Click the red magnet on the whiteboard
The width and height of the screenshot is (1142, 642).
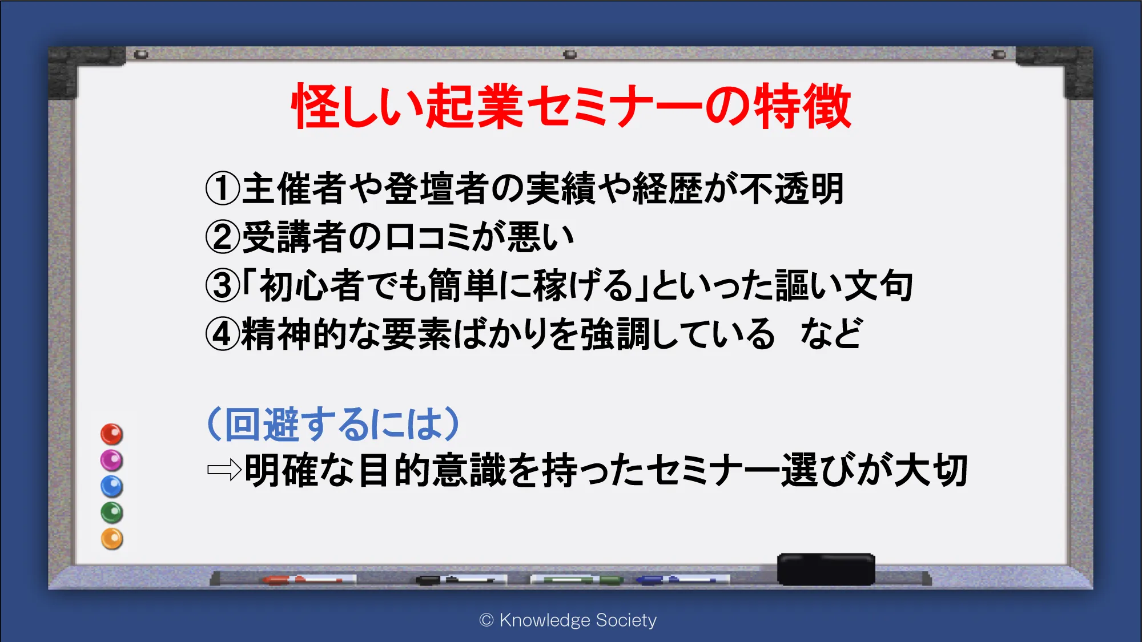pyautogui.click(x=111, y=434)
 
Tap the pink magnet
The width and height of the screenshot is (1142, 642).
pyautogui.click(x=111, y=461)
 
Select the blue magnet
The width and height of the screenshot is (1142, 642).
pyautogui.click(x=111, y=487)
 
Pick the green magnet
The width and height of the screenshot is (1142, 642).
pyautogui.click(x=111, y=512)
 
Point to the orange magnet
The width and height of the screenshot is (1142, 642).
pyautogui.click(x=111, y=539)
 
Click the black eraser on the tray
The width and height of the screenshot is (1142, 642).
pyautogui.click(x=826, y=569)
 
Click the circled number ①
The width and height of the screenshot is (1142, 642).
pyautogui.click(x=223, y=189)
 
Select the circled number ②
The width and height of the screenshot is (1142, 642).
pyautogui.click(x=223, y=237)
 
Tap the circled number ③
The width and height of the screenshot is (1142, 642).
pyautogui.click(x=223, y=286)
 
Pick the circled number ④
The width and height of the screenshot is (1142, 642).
pyautogui.click(x=223, y=334)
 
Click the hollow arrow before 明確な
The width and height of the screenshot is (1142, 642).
pyautogui.click(x=224, y=471)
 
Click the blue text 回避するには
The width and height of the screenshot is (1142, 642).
pyautogui.click(x=334, y=424)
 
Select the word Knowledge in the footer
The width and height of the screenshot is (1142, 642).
pyautogui.click(x=545, y=620)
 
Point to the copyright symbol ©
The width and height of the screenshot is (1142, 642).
pyautogui.click(x=486, y=620)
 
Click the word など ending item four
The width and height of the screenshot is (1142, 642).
pyautogui.click(x=831, y=334)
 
